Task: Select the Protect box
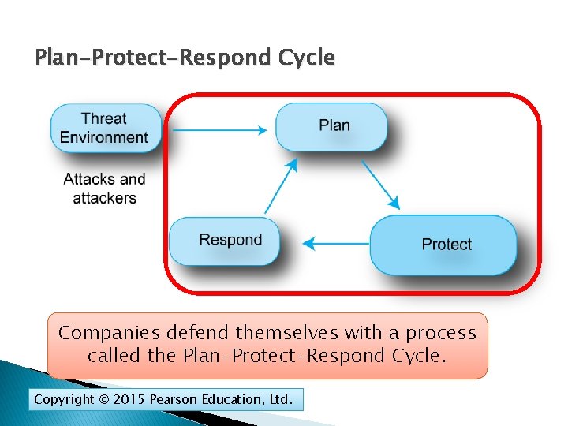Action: click(444, 245)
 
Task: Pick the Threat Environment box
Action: click(104, 128)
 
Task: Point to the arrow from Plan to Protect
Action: click(381, 185)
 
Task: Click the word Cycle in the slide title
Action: click(308, 58)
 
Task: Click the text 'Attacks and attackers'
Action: click(105, 189)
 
